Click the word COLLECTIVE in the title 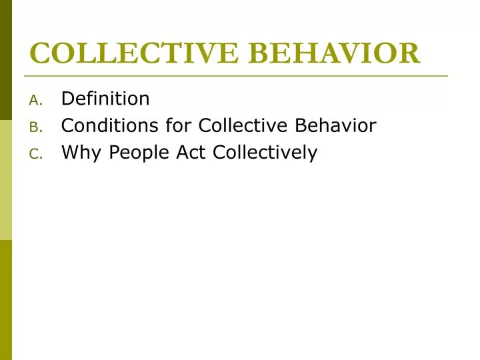pyautogui.click(x=125, y=53)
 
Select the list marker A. pyautogui.click(x=36, y=100)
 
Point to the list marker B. pyautogui.click(x=36, y=127)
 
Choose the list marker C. pyautogui.click(x=36, y=154)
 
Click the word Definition pyautogui.click(x=105, y=99)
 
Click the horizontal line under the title pyautogui.click(x=236, y=76)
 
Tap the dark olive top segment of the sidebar pyautogui.click(x=6, y=60)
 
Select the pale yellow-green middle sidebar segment pyautogui.click(x=6, y=180)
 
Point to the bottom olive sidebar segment pyautogui.click(x=6, y=300)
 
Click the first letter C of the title pyautogui.click(x=40, y=53)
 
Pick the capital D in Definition pyautogui.click(x=67, y=99)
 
